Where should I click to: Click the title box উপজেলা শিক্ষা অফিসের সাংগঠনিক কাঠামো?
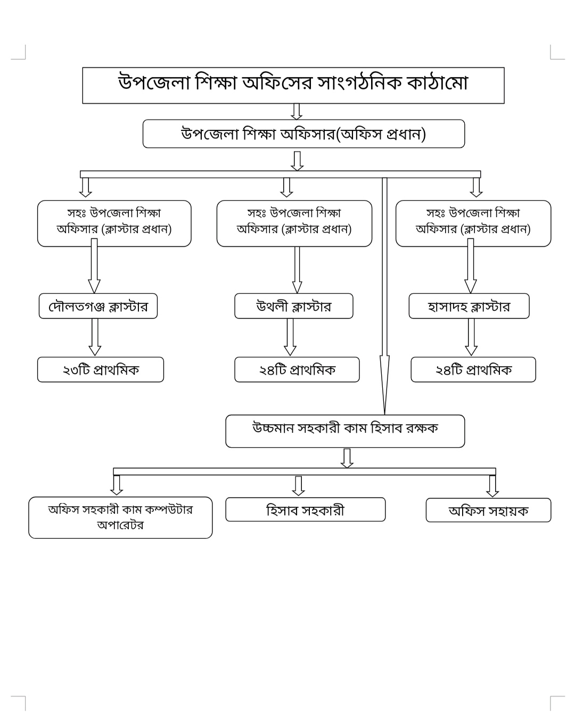click(293, 85)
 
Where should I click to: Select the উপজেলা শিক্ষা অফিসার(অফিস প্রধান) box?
click(303, 134)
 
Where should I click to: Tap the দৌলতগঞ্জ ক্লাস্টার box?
click(98, 306)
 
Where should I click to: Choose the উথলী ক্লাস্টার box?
click(293, 306)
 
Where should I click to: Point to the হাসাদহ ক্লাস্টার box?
click(469, 306)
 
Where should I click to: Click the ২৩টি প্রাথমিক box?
click(100, 370)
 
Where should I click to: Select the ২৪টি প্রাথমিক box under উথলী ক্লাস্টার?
click(297, 370)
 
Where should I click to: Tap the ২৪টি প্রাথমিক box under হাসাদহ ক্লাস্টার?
click(473, 370)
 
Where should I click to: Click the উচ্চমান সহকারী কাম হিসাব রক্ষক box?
click(345, 430)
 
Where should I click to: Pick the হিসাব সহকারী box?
click(305, 510)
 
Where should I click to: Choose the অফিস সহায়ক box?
click(488, 510)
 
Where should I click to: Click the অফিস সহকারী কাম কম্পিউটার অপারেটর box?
click(120, 518)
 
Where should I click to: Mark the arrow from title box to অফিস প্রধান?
click(297, 111)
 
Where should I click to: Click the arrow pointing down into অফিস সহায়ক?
click(492, 485)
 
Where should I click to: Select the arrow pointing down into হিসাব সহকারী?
click(299, 485)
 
